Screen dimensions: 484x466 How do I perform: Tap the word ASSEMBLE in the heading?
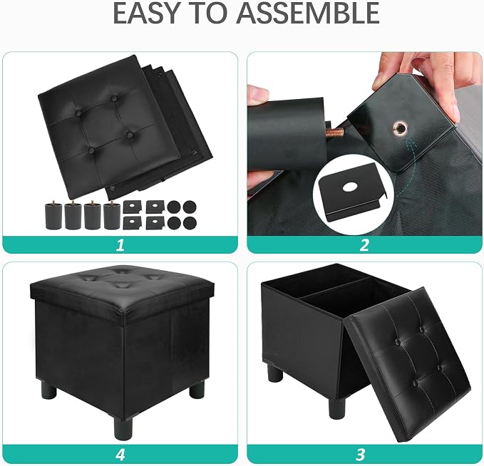tap(307, 13)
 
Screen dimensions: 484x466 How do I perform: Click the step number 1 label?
tap(120, 244)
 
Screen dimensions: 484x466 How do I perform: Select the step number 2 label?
tap(364, 244)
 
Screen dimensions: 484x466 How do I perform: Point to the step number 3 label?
tap(360, 455)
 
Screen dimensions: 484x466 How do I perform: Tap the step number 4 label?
tap(120, 455)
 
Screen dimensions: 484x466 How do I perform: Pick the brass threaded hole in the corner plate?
tap(401, 128)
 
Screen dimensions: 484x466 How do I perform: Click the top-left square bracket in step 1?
tap(132, 207)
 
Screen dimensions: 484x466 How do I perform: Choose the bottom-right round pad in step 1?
tap(190, 222)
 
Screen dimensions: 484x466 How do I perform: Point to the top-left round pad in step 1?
tap(175, 207)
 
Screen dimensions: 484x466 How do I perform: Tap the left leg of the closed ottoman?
tap(48, 389)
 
